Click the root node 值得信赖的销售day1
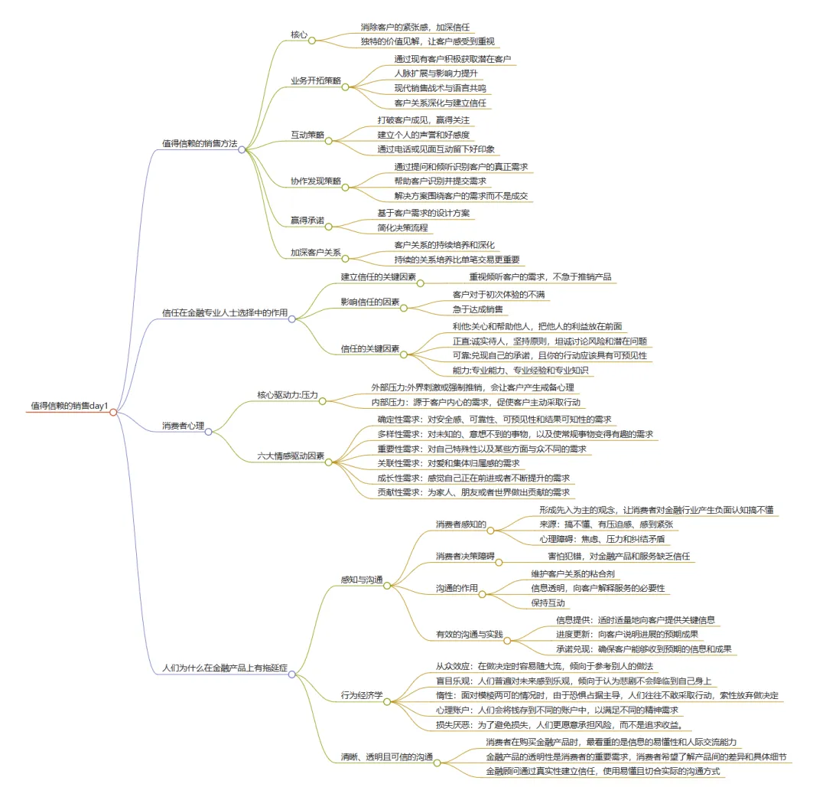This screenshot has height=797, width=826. (69, 405)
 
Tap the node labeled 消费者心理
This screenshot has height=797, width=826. (182, 425)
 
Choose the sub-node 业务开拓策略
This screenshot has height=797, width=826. (314, 80)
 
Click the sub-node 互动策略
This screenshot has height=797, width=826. (307, 135)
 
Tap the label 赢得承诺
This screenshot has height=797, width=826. (307, 220)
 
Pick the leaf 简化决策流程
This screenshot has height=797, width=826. (404, 227)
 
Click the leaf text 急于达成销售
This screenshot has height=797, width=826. (478, 309)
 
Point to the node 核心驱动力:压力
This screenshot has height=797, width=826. (287, 395)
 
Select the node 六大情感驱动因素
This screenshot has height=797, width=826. (291, 456)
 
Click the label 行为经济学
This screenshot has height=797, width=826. (362, 694)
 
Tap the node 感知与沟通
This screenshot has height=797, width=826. (362, 579)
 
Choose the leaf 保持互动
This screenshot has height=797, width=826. (548, 603)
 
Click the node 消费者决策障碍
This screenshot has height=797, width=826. (465, 555)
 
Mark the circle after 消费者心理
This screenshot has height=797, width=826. (208, 432)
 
